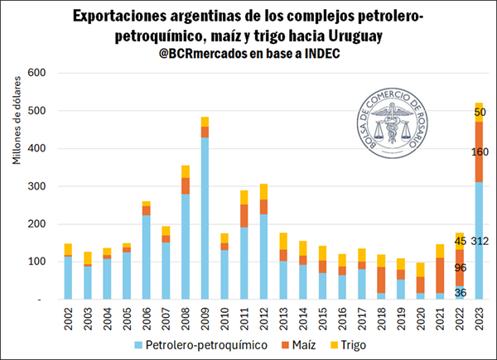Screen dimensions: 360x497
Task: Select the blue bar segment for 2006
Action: tap(147, 257)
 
